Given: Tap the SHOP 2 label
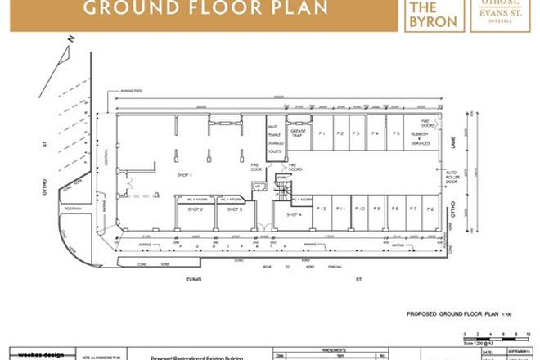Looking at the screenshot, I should point(193,210).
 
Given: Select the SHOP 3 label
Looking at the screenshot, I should point(236,210).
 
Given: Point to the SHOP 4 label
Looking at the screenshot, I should point(294,214).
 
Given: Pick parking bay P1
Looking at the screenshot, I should point(322,133).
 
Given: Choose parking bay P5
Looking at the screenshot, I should point(396,133).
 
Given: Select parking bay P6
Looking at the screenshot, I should point(430,209).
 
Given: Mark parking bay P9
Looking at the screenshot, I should point(376,209).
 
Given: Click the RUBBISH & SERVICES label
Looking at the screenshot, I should point(421,139).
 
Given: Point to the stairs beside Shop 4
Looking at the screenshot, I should point(281,190).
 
